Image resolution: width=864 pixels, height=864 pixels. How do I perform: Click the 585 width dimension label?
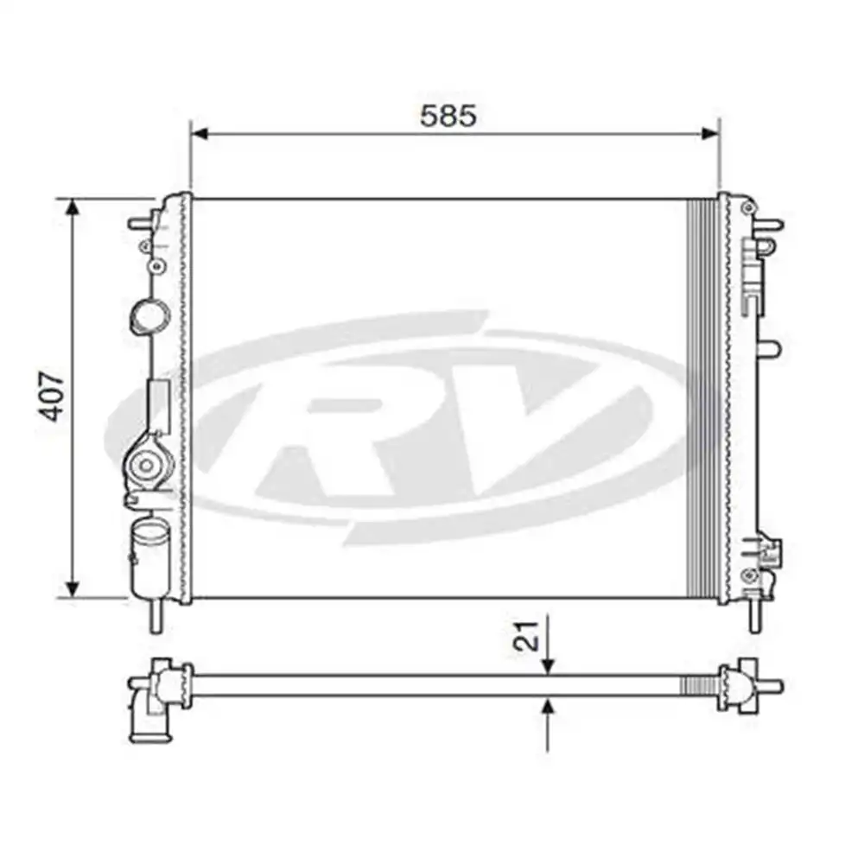(x=448, y=116)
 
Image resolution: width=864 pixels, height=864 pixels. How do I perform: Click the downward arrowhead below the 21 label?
(x=548, y=664)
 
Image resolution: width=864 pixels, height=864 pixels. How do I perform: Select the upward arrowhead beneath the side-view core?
(x=548, y=707)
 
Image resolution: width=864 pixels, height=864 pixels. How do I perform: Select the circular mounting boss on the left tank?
(x=146, y=467)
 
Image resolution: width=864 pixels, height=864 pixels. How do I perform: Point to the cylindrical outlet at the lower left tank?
(x=148, y=557)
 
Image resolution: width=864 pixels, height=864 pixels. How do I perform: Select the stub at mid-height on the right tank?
(x=768, y=348)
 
